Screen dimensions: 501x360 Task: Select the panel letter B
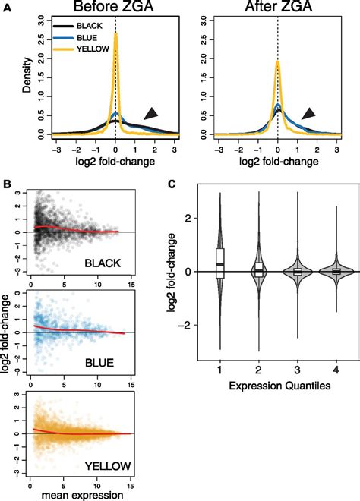point(6,184)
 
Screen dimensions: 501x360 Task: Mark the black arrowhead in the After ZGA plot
point(308,113)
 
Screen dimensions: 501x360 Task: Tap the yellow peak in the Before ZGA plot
point(115,34)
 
